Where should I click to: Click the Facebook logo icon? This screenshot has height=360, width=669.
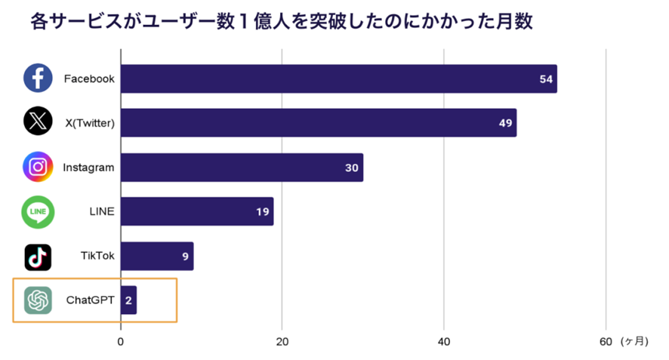coord(38,78)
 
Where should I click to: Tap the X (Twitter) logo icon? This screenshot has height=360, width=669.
coord(38,122)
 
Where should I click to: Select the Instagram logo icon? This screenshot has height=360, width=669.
coord(38,167)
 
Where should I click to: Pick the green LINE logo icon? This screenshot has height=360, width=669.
coord(38,211)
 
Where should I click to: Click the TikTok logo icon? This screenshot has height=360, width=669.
coord(38,257)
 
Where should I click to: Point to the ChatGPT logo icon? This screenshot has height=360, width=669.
coord(38,300)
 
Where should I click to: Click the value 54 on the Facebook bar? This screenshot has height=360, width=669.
coord(547,79)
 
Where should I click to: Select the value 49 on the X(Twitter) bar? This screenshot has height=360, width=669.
coord(506,123)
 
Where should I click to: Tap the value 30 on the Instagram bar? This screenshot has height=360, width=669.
coord(352,168)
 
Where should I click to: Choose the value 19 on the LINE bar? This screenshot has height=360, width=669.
coord(263,212)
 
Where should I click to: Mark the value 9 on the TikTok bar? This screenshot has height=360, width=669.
coord(185,257)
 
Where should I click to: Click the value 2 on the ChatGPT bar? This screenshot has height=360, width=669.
coord(128,300)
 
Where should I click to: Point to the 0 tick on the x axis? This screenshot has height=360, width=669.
coord(121,342)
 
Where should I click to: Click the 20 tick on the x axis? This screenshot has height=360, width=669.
coord(282,342)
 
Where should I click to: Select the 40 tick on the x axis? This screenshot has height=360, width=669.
coord(444,342)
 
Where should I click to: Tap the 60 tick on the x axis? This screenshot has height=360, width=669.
coord(606,342)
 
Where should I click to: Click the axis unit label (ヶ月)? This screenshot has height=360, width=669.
coord(634,342)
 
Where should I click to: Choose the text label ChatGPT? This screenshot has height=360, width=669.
coord(90,300)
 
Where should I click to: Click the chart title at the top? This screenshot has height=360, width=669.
coord(282,21)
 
